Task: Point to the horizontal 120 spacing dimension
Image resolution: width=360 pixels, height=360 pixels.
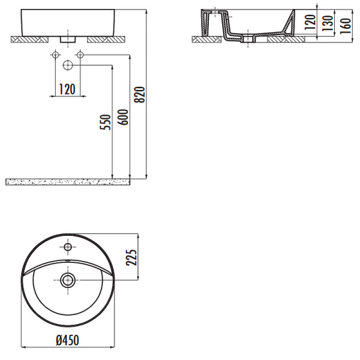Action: coord(67,89)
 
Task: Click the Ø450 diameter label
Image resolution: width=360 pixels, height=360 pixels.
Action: coord(67,340)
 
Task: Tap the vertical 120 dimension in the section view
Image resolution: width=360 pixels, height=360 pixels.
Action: coord(310,23)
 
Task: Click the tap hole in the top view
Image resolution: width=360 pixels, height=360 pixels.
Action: coord(68,247)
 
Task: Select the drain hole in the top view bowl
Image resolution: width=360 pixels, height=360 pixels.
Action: coord(68,279)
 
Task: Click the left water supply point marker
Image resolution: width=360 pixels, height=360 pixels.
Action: coord(55,55)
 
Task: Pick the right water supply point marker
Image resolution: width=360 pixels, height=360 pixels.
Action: coord(79,55)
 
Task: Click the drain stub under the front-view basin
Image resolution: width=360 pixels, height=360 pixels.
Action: coord(67,40)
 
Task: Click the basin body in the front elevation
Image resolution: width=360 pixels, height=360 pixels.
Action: coord(67,22)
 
